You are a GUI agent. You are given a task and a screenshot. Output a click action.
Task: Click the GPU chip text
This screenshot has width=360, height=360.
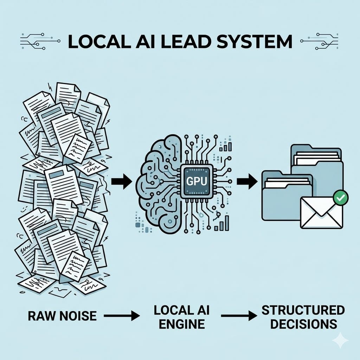tap(197, 181)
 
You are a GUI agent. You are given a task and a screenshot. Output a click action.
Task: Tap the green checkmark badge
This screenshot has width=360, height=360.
tap(340, 197)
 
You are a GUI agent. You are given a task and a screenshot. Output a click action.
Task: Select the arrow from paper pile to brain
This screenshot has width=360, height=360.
tap(122, 181)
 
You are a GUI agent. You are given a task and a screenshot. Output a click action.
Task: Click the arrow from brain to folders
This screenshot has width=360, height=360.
tap(247, 181)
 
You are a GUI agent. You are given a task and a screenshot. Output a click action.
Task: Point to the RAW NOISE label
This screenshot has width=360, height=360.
tap(62, 316)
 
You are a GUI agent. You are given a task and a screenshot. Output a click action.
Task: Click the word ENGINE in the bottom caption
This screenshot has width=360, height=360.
tap(182, 324)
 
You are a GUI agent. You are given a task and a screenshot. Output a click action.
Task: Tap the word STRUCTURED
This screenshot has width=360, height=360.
tap(303, 310)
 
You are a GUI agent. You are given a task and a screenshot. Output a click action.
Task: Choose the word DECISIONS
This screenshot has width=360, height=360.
tap(303, 324)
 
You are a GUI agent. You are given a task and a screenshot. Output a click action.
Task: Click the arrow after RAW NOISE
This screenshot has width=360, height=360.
tap(122, 316)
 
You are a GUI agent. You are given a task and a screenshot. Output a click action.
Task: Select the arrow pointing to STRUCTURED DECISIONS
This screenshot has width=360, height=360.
tap(239, 316)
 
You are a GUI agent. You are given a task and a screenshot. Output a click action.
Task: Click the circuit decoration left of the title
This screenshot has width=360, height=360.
tap(40, 41)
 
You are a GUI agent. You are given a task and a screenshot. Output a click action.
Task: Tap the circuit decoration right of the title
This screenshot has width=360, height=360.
tap(319, 41)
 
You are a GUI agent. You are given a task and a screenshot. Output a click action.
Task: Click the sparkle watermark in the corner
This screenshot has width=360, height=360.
tap(340, 340)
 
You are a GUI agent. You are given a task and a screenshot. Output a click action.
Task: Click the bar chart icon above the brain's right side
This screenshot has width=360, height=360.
tap(225, 146)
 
